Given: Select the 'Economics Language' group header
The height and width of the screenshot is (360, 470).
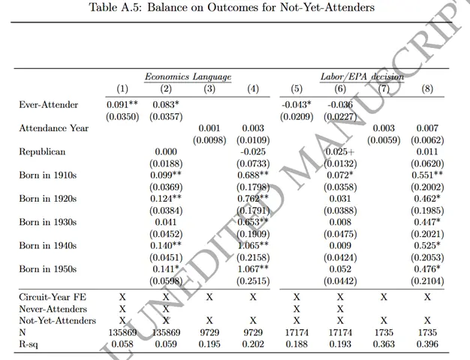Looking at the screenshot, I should pyautogui.click(x=188, y=76).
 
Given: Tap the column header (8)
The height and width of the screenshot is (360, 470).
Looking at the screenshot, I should pyautogui.click(x=427, y=89).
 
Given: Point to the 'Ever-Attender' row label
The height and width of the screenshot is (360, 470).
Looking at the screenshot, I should pyautogui.click(x=49, y=105).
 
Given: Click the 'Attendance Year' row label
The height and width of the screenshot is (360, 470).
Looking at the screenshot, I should pyautogui.click(x=54, y=128).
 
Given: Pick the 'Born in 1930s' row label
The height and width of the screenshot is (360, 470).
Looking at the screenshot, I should pyautogui.click(x=48, y=221).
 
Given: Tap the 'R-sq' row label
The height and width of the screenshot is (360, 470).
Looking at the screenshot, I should pyautogui.click(x=31, y=343).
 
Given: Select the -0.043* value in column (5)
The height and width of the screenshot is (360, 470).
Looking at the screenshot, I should pyautogui.click(x=297, y=105).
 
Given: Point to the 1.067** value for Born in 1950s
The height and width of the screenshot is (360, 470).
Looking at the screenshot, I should pyautogui.click(x=253, y=268).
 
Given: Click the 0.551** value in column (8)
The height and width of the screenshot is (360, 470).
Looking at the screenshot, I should pyautogui.click(x=427, y=175).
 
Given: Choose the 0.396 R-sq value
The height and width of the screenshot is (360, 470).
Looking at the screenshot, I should pyautogui.click(x=427, y=343).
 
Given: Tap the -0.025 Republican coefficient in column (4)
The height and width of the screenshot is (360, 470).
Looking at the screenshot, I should pyautogui.click(x=253, y=151).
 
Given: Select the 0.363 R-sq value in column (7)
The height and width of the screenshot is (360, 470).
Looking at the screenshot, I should pyautogui.click(x=384, y=343).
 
